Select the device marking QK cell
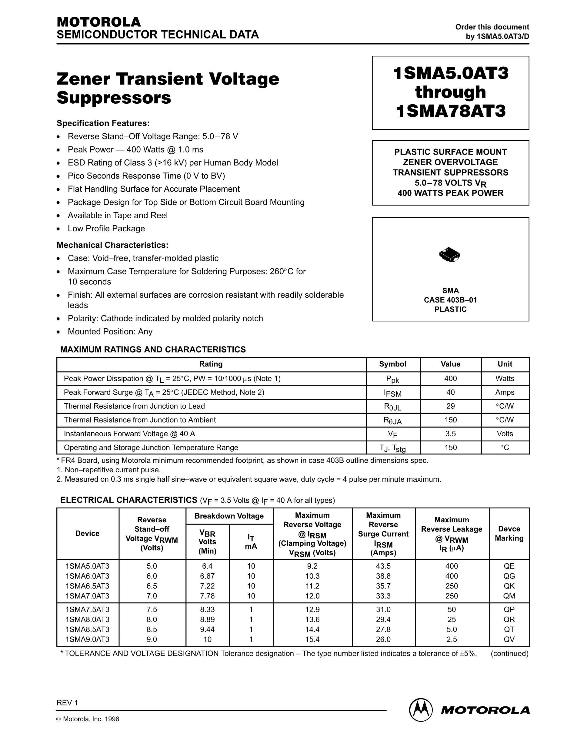509,586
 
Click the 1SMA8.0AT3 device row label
88,619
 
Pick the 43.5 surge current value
383,566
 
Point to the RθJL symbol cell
392,407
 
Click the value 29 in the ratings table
451,406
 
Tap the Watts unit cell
505,378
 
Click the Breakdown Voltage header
229,516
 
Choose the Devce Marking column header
509,533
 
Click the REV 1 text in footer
67,702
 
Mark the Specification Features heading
103,123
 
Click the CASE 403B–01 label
450,300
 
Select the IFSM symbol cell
392,393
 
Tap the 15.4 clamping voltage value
312,639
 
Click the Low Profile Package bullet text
106,229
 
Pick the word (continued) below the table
509,654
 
